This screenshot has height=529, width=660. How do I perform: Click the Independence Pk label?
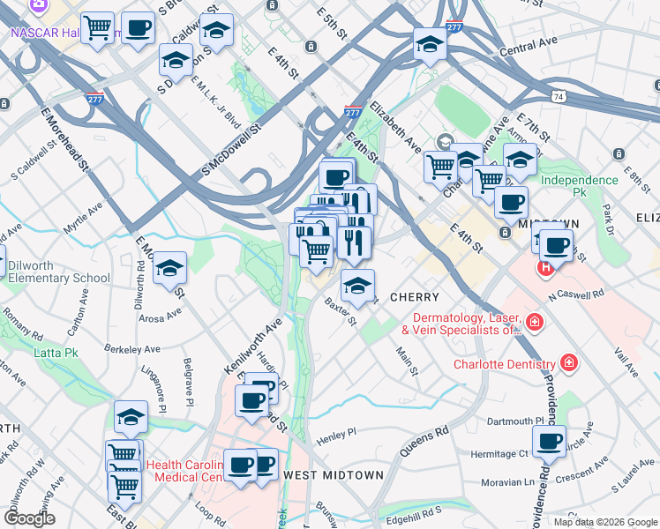[579, 180]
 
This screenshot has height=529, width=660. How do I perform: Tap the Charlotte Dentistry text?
[504, 364]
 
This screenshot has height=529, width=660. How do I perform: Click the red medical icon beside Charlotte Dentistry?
[569, 363]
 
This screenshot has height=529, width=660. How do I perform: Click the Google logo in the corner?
[29, 518]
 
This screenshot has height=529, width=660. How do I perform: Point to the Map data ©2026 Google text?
[604, 521]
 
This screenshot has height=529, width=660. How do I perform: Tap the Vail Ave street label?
[625, 362]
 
